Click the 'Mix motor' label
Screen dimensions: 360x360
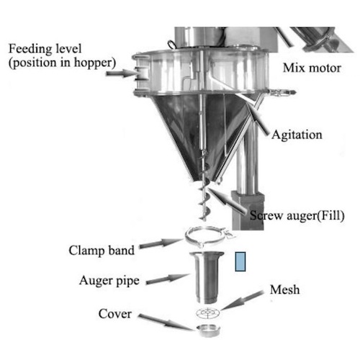tap(312, 68)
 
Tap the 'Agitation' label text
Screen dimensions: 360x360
tap(297, 135)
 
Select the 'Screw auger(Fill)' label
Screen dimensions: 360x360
tap(297, 215)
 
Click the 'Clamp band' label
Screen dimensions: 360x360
tap(102, 251)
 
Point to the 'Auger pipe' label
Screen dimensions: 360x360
tap(109, 281)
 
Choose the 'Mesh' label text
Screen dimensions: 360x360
tap(285, 289)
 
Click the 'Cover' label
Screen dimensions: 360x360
tap(115, 314)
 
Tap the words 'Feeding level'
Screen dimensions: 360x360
tap(45, 49)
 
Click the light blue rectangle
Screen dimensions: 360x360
tap(240, 261)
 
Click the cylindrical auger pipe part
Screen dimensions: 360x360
tap(207, 277)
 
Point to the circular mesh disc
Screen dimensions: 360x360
tap(208, 312)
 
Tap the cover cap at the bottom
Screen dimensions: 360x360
tap(208, 330)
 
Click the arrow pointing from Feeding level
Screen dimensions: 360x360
tap(120, 73)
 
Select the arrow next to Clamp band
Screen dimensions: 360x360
tap(161, 243)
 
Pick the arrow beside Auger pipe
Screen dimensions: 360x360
tap(168, 279)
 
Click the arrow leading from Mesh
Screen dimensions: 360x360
tap(242, 300)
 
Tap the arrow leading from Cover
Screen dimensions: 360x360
tap(167, 323)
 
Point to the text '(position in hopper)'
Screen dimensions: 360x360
tap(63, 63)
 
